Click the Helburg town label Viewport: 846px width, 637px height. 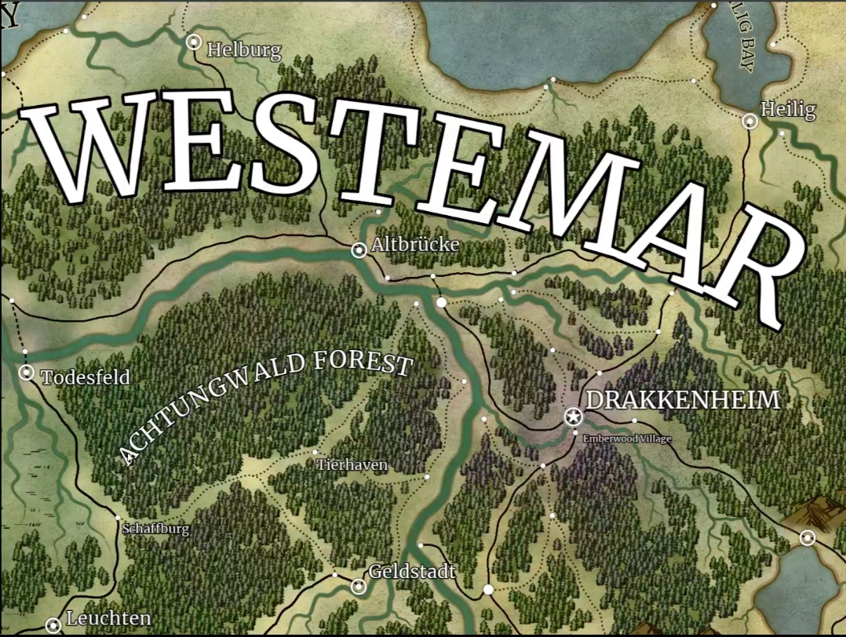pyautogui.click(x=243, y=52)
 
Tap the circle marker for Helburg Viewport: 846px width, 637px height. pyautogui.click(x=194, y=42)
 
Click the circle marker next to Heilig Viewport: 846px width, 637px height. pyautogui.click(x=750, y=121)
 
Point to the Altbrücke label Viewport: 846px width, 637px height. pyautogui.click(x=415, y=245)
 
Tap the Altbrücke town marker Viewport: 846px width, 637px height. pyautogui.click(x=359, y=250)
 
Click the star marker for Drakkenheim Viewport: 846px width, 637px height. pyautogui.click(x=573, y=417)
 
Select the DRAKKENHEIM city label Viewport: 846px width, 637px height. pyautogui.click(x=683, y=400)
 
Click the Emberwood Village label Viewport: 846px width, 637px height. pyautogui.click(x=626, y=439)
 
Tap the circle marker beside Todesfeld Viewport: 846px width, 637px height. pyautogui.click(x=27, y=373)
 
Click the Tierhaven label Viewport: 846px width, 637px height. pyautogui.click(x=352, y=465)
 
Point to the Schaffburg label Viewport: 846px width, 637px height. pyautogui.click(x=155, y=529)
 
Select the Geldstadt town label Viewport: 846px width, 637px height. pyautogui.click(x=412, y=572)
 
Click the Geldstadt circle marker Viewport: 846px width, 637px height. pyautogui.click(x=359, y=586)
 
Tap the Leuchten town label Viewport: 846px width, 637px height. pyautogui.click(x=108, y=618)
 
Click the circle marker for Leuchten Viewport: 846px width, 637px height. pyautogui.click(x=53, y=625)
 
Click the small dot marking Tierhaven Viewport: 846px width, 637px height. pyautogui.click(x=315, y=453)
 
